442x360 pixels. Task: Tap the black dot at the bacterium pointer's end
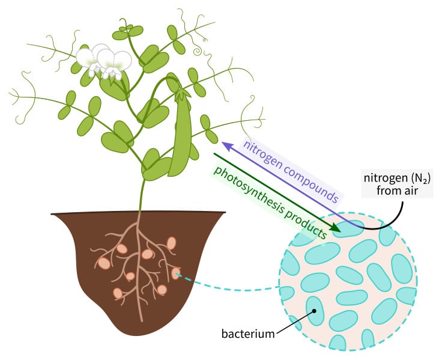tap(312, 311)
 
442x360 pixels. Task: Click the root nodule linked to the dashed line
tap(175, 274)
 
